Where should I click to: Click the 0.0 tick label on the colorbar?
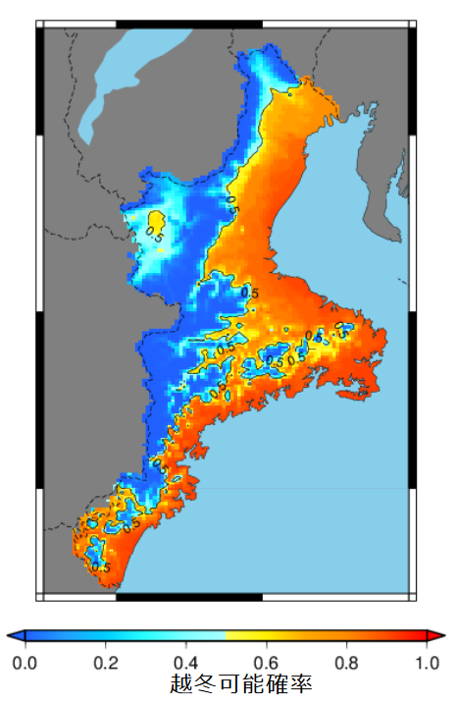click(25, 663)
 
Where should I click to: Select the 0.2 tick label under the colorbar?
click(105, 663)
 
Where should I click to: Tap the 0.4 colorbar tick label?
click(185, 663)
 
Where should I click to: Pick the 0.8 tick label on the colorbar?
click(345, 663)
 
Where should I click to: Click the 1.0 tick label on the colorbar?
click(426, 663)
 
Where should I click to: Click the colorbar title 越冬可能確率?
click(241, 684)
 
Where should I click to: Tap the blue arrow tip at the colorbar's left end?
click(12, 637)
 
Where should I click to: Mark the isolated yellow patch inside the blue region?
click(155, 219)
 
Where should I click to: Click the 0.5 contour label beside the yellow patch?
click(154, 234)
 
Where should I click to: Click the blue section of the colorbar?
click(78, 637)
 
